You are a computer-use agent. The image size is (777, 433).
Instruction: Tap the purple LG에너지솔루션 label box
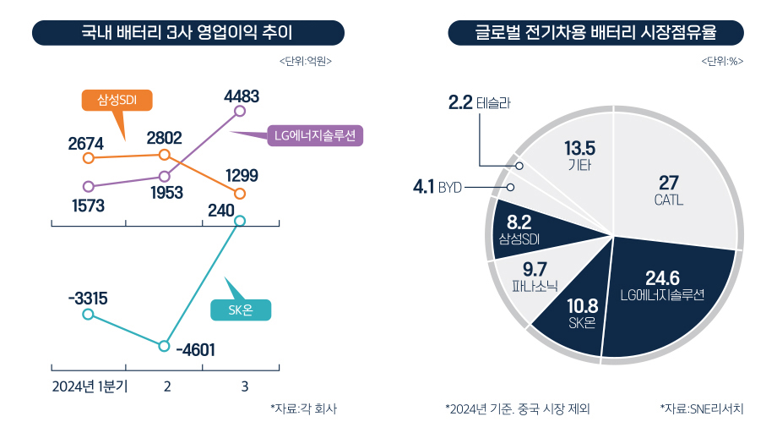(314, 135)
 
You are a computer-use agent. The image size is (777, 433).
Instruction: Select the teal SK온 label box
(241, 310)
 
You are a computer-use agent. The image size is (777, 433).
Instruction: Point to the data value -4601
(198, 350)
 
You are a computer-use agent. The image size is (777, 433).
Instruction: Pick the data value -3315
(88, 298)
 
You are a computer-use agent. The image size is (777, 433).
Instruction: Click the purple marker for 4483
(240, 111)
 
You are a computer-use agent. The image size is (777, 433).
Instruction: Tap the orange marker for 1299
(240, 195)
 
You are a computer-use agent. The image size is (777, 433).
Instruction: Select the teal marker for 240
(240, 221)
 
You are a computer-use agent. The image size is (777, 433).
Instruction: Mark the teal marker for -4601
(165, 345)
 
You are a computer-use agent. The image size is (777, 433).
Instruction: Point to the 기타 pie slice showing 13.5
(579, 156)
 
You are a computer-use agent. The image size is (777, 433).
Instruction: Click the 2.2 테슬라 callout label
(479, 103)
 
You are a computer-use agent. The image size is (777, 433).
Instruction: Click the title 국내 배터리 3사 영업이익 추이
(187, 34)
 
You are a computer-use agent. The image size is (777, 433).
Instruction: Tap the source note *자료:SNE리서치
(701, 409)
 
